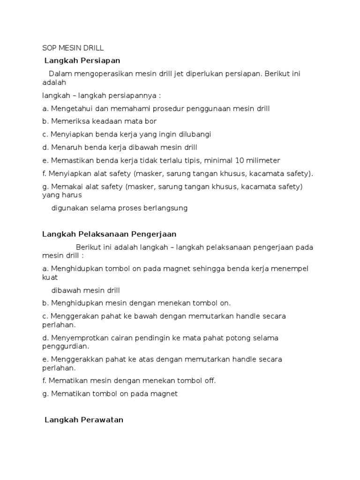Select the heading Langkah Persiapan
coord(82,60)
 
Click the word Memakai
coord(65,186)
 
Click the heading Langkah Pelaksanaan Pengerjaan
coord(109,234)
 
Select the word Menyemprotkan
coord(76,337)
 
